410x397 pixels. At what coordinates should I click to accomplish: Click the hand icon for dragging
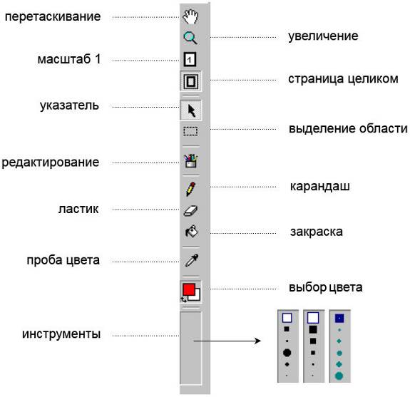[190, 16]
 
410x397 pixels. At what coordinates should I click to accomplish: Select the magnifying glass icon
[190, 38]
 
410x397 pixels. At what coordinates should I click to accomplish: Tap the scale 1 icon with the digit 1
[190, 59]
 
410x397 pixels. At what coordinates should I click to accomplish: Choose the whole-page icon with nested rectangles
[190, 81]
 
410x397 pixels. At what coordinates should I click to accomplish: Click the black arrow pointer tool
[191, 110]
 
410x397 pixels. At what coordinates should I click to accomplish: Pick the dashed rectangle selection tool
[190, 131]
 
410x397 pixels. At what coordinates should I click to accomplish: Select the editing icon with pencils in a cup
[190, 160]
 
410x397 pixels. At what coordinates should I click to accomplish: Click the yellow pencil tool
[190, 189]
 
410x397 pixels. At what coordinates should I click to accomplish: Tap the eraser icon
[190, 211]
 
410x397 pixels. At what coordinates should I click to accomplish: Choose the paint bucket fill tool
[192, 232]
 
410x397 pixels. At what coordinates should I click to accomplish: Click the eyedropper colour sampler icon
[192, 260]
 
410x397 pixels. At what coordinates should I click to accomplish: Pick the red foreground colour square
[189, 289]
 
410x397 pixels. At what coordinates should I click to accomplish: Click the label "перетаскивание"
[53, 16]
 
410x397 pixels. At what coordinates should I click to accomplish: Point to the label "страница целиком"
[343, 78]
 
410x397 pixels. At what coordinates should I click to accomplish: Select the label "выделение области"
[348, 128]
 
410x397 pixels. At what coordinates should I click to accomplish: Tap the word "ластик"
[78, 209]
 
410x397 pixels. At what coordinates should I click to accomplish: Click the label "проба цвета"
[63, 260]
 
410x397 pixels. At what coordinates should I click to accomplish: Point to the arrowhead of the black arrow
[258, 341]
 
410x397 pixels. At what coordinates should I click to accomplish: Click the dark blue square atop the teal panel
[339, 319]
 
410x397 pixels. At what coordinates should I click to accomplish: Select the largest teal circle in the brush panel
[339, 376]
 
